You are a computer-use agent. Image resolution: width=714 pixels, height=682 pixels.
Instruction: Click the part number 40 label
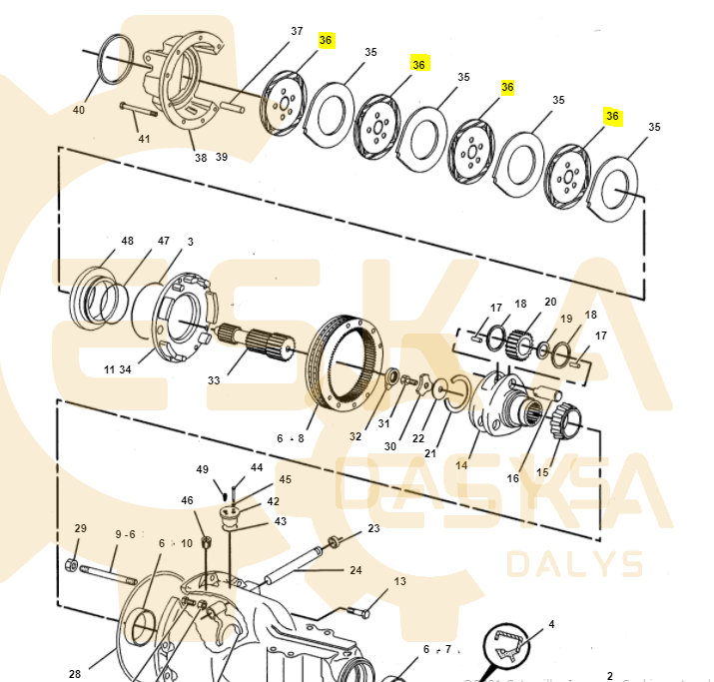coord(79,110)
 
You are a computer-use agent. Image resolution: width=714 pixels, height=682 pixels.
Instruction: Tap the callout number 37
coord(297,31)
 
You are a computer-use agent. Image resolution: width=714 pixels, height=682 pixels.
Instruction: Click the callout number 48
coord(127,242)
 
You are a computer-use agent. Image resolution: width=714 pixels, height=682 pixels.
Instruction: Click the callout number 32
coord(356,436)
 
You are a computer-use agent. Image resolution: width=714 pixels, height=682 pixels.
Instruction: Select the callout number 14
coord(461,464)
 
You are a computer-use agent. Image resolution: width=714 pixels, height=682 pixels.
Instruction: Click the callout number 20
coord(550,303)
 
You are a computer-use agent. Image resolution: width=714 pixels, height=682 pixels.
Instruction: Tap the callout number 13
coord(399,581)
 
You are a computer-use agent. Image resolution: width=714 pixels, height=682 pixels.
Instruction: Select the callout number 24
coord(356,570)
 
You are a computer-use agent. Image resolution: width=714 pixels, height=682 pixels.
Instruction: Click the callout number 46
coord(187,500)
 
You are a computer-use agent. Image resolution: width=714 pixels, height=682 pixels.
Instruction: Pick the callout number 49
coord(203,468)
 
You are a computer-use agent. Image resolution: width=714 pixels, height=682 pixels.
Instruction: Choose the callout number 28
coord(75,674)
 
